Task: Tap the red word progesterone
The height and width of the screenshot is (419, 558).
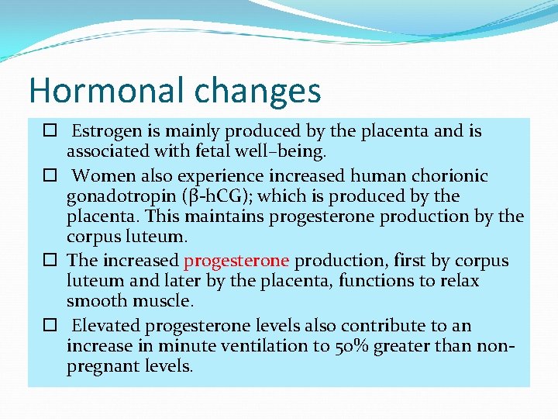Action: tap(236, 261)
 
